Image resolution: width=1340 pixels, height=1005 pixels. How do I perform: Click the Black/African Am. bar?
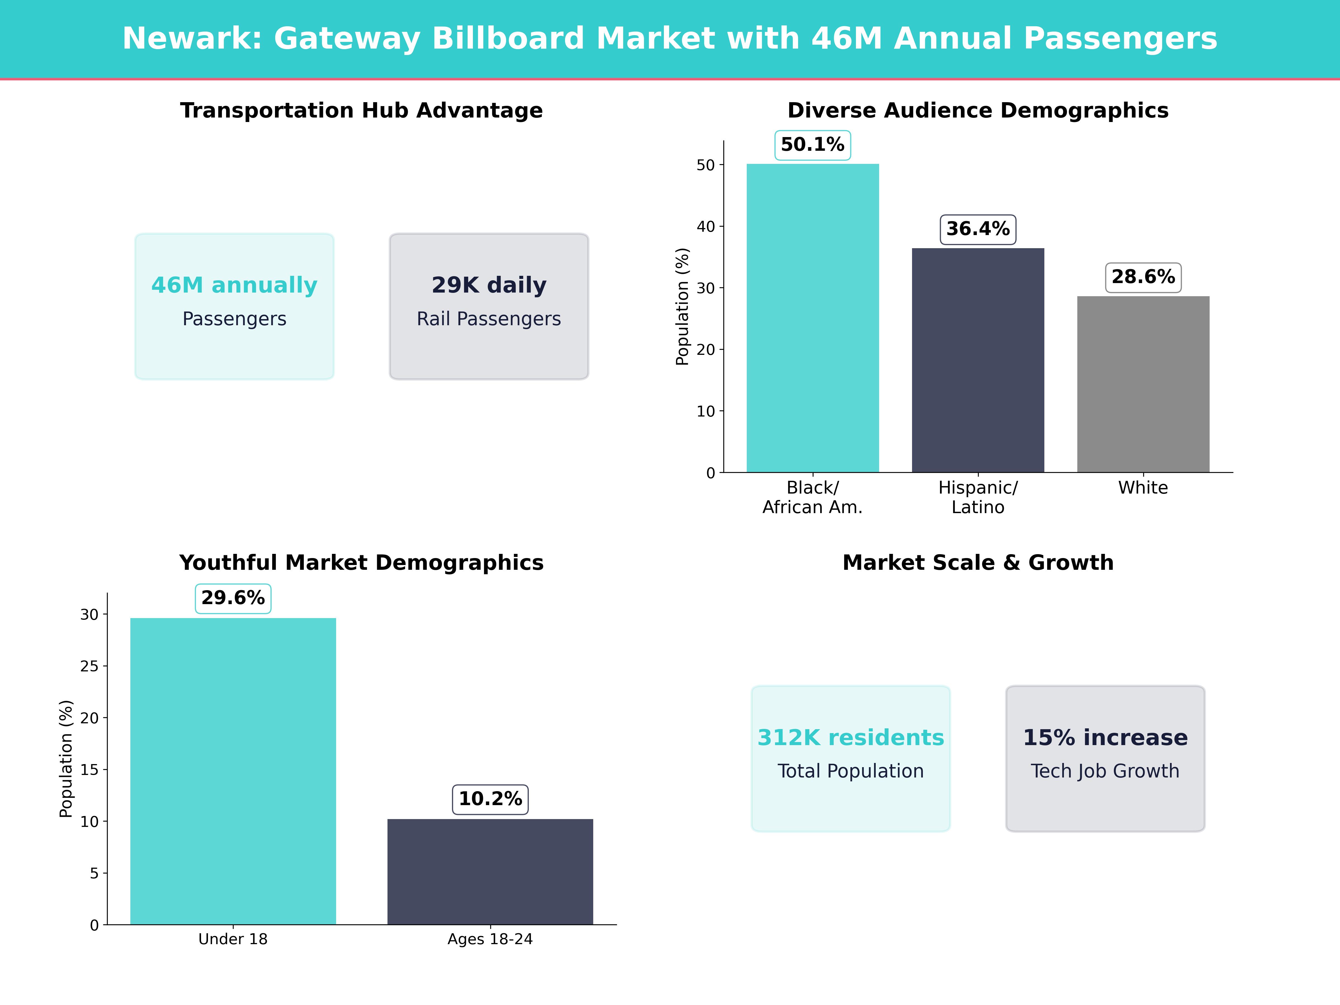[x=812, y=318]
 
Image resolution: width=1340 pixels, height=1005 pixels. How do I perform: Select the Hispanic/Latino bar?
[x=978, y=360]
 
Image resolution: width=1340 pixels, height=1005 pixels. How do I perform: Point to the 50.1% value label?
[x=812, y=145]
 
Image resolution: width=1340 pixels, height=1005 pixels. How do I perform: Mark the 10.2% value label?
[x=490, y=799]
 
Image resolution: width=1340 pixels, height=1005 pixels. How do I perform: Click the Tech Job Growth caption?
[x=1105, y=771]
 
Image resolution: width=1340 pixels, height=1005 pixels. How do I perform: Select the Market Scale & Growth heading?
[x=978, y=563]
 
